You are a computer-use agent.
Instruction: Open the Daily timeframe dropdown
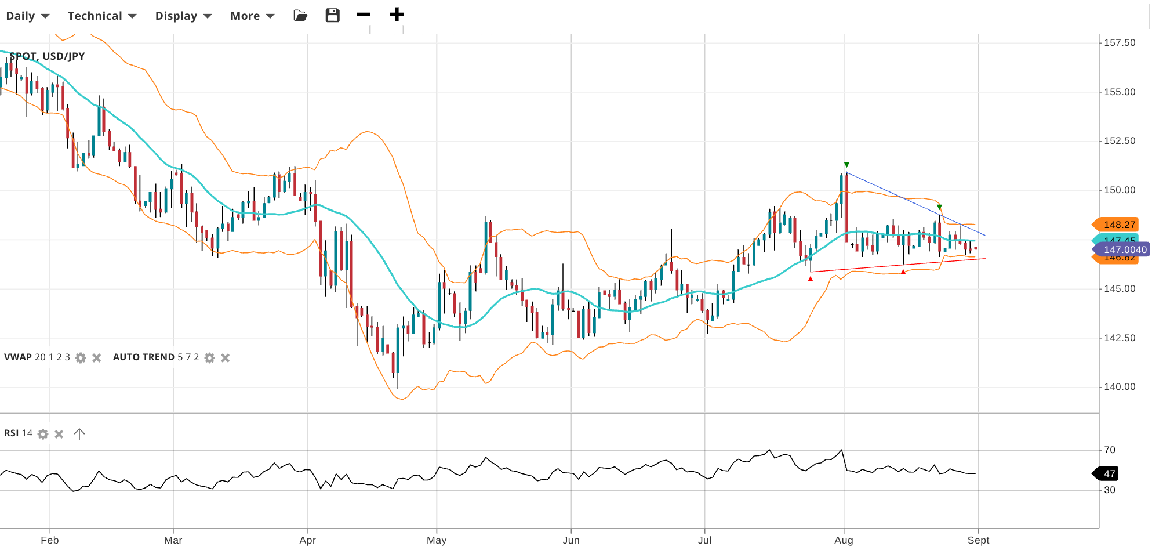(x=27, y=16)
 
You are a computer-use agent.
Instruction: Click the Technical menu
(x=101, y=16)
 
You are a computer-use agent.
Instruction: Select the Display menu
(x=183, y=16)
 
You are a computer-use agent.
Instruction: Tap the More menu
(x=252, y=16)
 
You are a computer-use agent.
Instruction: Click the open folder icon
(x=300, y=16)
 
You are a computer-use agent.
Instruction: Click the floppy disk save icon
(x=332, y=15)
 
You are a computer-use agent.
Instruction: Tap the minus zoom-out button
(x=364, y=15)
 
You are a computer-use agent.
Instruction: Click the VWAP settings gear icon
(x=81, y=358)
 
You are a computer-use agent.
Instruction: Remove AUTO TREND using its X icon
(x=226, y=358)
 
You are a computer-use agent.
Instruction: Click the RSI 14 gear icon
(x=43, y=434)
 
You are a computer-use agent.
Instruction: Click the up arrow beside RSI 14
(x=79, y=434)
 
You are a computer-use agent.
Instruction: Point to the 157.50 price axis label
(x=1119, y=42)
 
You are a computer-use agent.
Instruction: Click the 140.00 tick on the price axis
(x=1119, y=387)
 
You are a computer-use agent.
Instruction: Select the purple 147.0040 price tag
(x=1124, y=249)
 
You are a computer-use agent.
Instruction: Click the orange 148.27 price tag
(x=1118, y=225)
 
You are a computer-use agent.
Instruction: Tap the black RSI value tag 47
(x=1108, y=473)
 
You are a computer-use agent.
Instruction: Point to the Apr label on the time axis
(x=307, y=540)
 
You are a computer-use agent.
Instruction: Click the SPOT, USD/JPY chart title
(x=48, y=56)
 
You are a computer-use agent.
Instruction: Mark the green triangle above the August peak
(x=846, y=165)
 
